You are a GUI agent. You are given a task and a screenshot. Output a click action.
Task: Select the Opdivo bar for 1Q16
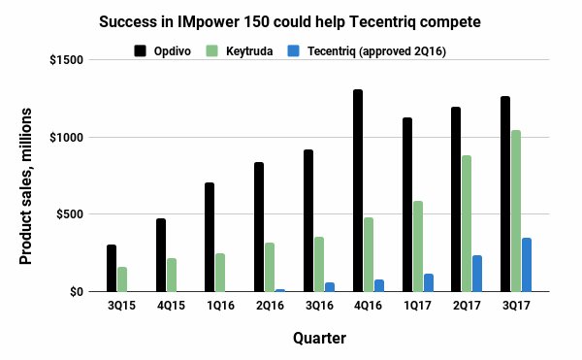(x=210, y=237)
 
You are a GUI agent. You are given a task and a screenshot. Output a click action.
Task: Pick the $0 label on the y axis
(x=76, y=291)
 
